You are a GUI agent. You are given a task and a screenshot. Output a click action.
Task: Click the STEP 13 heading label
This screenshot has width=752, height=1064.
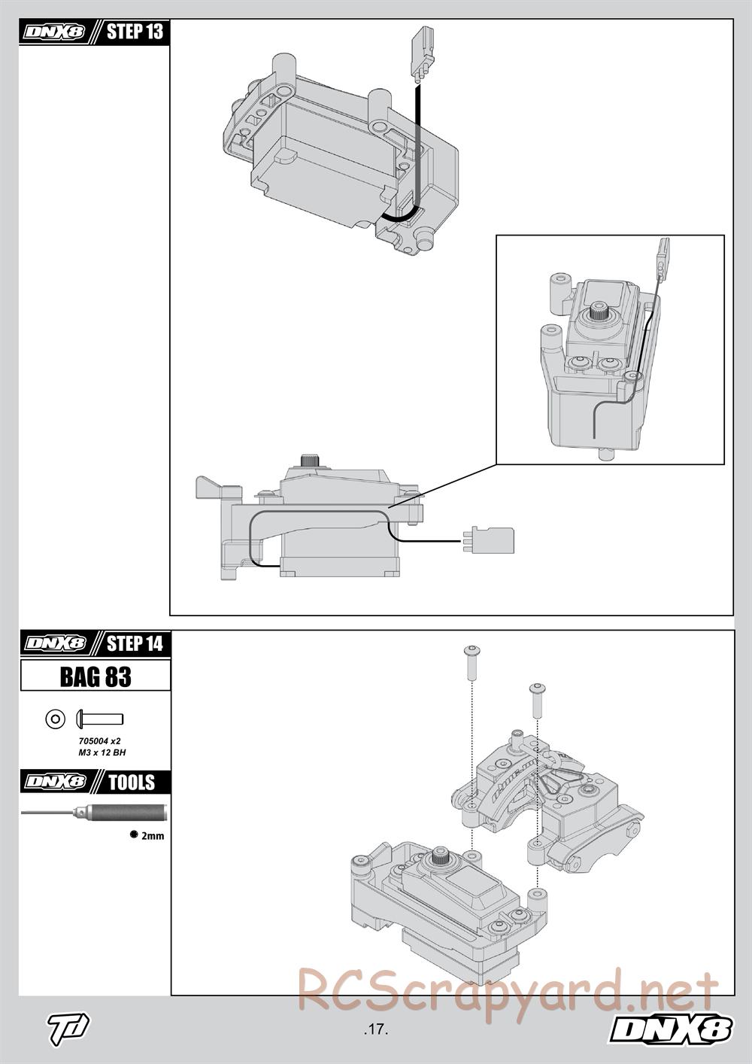[134, 32]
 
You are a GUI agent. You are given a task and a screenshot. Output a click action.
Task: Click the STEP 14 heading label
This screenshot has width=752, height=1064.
[134, 643]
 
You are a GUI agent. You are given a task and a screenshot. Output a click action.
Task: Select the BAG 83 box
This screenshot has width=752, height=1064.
[96, 676]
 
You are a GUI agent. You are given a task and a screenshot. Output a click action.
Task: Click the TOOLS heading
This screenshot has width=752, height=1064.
[131, 782]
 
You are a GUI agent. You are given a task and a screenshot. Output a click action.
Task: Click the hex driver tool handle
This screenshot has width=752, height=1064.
[120, 813]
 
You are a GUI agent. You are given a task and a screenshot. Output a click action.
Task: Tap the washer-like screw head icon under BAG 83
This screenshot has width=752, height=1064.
[56, 719]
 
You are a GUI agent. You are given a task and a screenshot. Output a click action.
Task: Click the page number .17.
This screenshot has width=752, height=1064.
[375, 1030]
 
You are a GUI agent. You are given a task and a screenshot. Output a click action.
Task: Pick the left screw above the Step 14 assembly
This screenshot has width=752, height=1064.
[472, 660]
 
